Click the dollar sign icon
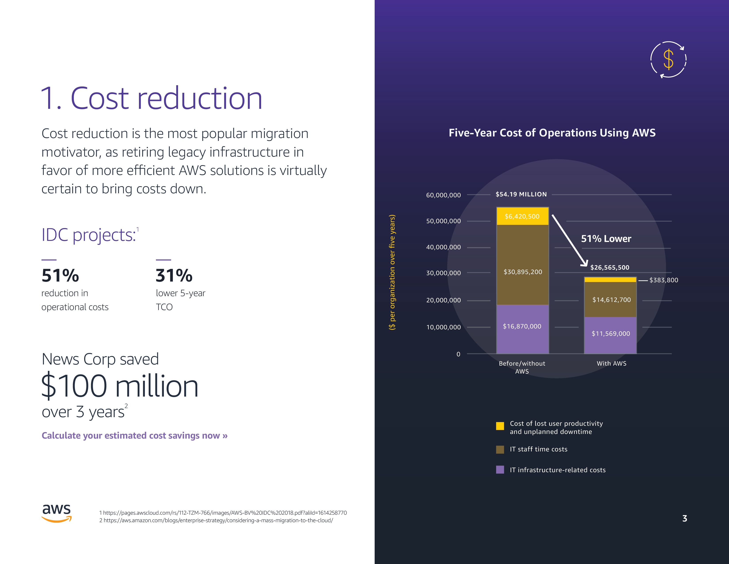668,59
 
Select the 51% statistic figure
60,276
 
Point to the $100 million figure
120,386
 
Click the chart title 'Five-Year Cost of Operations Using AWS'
552,133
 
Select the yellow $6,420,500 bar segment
522,216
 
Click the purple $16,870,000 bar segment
522,329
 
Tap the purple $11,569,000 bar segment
610,335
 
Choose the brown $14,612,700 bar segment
610,299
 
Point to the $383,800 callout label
664,280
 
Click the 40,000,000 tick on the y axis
443,247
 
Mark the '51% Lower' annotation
606,239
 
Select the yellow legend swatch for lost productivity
500,426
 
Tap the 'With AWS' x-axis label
611,364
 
